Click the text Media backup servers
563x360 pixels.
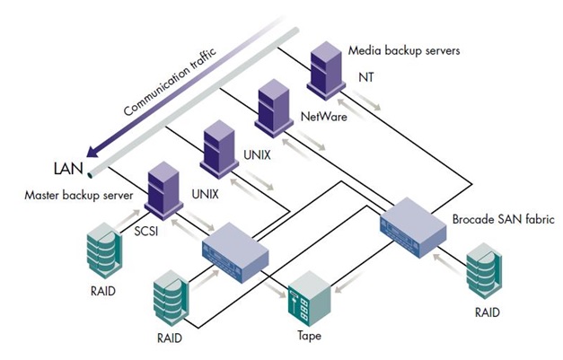coord(404,51)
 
